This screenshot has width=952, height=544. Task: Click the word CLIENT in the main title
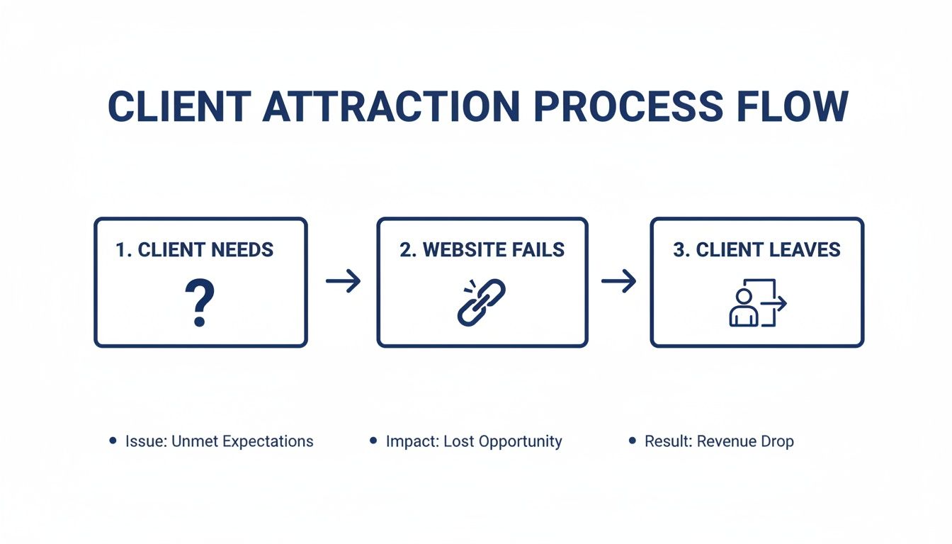[x=178, y=108]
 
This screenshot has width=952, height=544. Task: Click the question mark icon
[x=200, y=302]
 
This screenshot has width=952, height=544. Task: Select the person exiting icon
[x=756, y=303]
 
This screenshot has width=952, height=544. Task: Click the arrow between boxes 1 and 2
[x=343, y=281]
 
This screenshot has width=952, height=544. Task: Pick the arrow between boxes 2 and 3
[x=618, y=281]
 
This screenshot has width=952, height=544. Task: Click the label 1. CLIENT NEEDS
[x=195, y=249]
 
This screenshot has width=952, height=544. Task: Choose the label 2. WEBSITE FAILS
[x=482, y=249]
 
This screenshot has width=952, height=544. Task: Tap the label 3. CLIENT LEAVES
[x=756, y=249]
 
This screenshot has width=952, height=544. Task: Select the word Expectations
[x=268, y=441]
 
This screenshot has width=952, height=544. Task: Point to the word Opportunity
[x=520, y=441]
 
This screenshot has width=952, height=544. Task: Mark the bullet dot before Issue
[x=113, y=441]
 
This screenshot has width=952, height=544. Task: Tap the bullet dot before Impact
[x=373, y=441]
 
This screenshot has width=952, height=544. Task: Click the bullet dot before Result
[x=632, y=441]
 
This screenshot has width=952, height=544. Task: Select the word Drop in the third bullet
[x=778, y=441]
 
